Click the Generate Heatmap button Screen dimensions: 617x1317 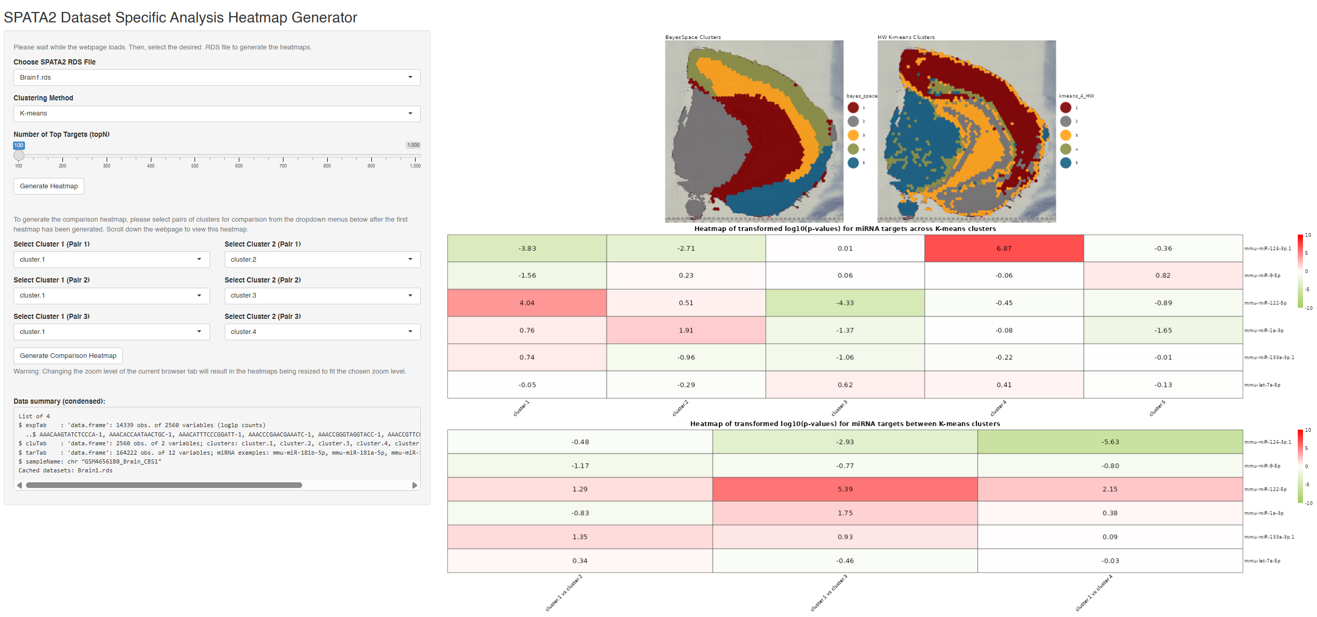coord(48,186)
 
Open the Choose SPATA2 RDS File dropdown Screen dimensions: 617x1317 coord(216,78)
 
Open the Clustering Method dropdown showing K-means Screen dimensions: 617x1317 coord(216,113)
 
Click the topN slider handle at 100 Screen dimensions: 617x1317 coord(19,155)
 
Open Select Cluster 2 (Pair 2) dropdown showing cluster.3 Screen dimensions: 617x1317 coord(322,295)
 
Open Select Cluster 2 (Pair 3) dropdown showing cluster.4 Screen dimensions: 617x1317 coord(322,332)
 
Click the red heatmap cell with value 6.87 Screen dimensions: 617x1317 coord(1004,249)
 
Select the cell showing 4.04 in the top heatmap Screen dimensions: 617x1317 coord(527,303)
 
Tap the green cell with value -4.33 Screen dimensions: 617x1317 coord(845,303)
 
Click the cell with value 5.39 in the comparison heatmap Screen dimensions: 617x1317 coord(845,489)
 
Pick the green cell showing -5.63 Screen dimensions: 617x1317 coord(1110,442)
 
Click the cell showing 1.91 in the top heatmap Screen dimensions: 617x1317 coord(686,330)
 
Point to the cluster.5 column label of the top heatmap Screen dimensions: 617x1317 coord(1157,408)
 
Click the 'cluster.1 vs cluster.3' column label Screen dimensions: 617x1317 coord(829,593)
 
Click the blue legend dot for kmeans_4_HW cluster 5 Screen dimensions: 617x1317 coord(1066,163)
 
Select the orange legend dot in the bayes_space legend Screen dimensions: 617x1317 coord(853,135)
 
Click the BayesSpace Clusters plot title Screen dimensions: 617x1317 coord(693,37)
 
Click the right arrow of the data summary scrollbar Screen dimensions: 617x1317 coord(415,485)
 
